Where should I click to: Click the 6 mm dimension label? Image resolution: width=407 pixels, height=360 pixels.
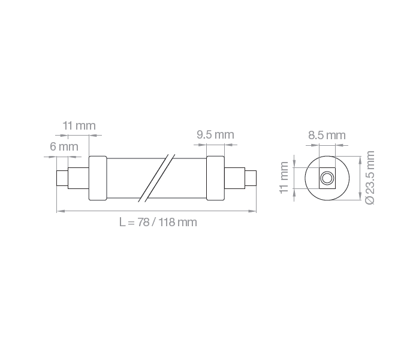coord(64,147)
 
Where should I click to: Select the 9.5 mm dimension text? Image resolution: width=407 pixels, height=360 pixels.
coord(215,135)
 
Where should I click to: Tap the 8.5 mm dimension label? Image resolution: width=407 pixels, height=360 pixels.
coord(327,136)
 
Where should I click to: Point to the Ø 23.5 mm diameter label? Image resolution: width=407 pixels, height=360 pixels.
coord(370,178)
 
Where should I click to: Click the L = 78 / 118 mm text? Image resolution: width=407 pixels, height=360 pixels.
coord(158,223)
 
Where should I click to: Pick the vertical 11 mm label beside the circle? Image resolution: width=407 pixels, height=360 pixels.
coord(284,178)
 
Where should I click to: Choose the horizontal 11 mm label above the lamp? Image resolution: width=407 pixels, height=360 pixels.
coord(79,126)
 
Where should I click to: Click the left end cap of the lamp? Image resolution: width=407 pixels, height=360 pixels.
coord(98,178)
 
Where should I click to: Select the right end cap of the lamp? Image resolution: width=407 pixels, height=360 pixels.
coord(215,178)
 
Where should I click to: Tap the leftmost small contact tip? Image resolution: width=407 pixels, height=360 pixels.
coord(62,178)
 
